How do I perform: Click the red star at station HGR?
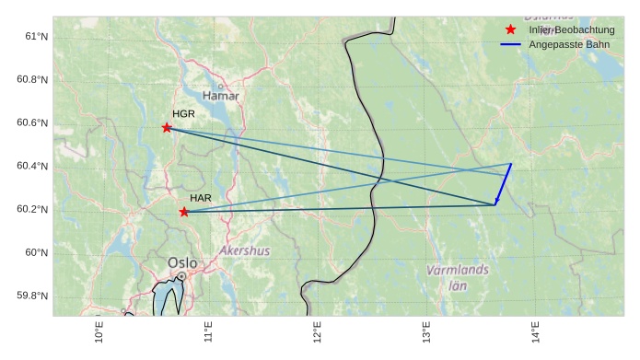[x=167, y=128]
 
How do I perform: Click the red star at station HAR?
[x=184, y=212]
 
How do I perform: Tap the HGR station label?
[x=183, y=114]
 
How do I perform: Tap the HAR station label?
[x=201, y=198]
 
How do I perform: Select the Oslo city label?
[x=182, y=263]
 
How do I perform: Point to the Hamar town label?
[x=220, y=96]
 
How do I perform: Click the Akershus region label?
[x=245, y=250]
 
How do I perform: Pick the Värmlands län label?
[x=458, y=276]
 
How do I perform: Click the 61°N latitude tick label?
[x=34, y=36]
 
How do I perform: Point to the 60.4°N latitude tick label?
[x=30, y=166]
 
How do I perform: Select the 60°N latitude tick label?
[x=34, y=252]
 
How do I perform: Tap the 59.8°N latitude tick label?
[x=30, y=296]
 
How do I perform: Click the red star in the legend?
[x=511, y=29]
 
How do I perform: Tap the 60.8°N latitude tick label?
[x=30, y=79]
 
